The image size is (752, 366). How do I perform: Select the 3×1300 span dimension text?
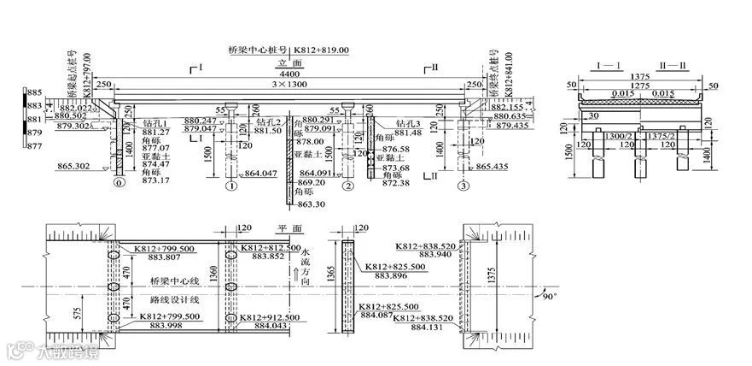(x=291, y=86)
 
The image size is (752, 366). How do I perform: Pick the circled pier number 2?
(x=347, y=186)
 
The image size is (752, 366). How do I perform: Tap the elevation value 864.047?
(x=261, y=174)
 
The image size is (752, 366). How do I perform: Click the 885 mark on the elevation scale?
(x=34, y=91)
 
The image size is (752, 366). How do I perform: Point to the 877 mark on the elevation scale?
(x=34, y=147)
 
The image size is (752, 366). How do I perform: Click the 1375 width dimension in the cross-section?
(x=640, y=76)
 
